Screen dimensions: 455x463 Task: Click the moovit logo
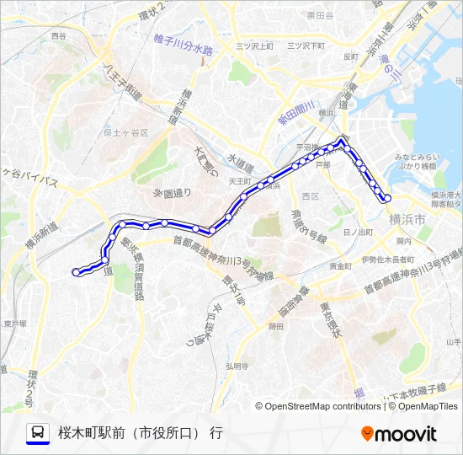coord(399,434)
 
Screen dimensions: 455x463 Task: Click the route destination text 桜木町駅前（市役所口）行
coord(141,434)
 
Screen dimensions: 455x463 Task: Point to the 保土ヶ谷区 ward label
coord(125,133)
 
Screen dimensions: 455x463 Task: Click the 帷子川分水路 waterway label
coord(184,44)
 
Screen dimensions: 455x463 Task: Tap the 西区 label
coord(311,195)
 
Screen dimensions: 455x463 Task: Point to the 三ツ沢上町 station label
coord(254,45)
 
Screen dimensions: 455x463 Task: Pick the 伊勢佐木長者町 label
coord(386,259)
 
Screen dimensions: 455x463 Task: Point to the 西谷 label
coord(58,37)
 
